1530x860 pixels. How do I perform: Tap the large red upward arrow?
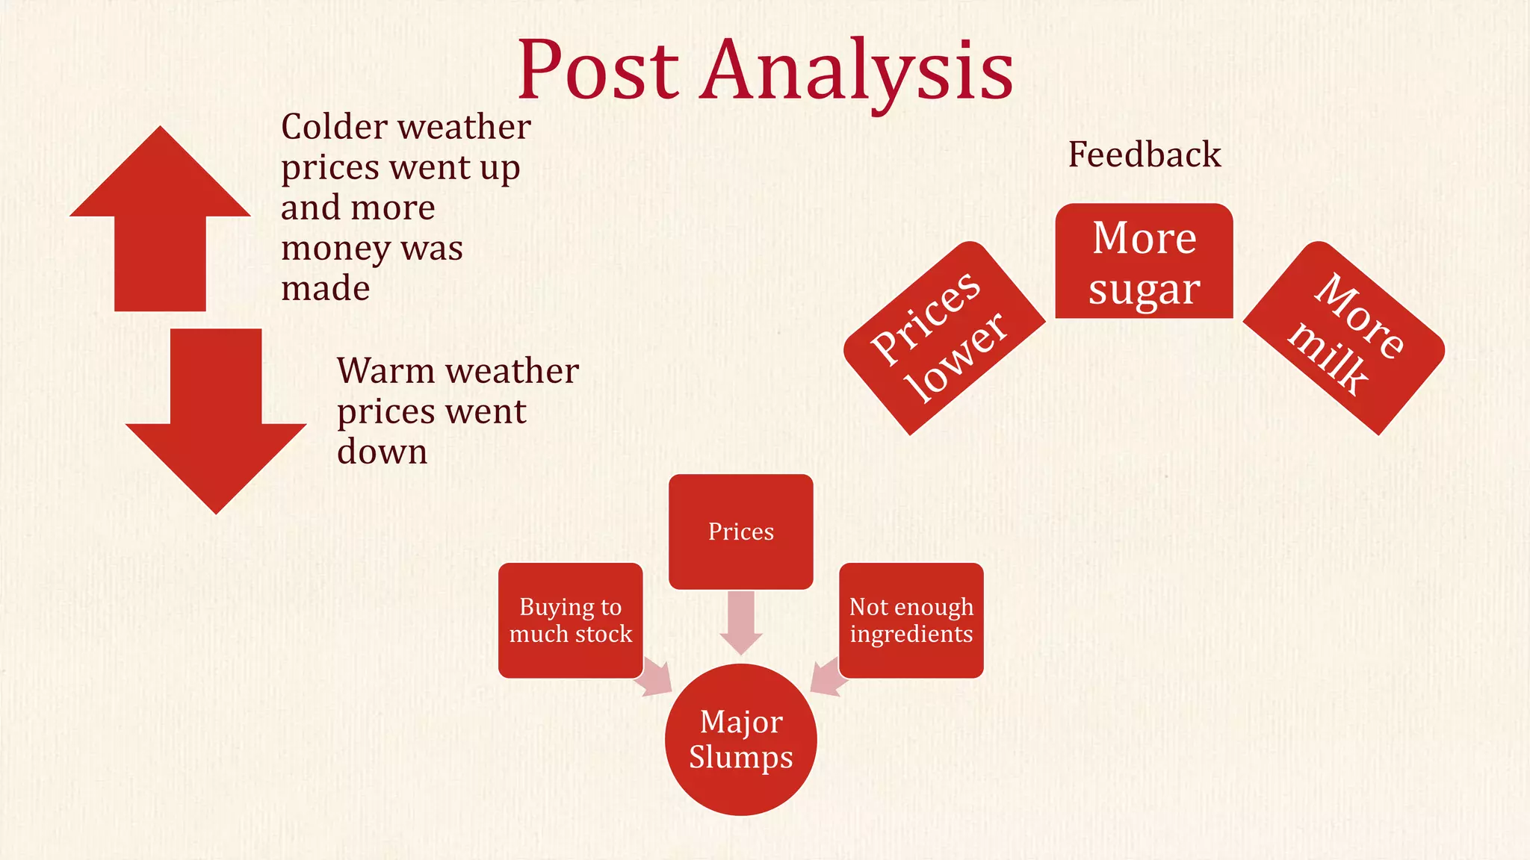(160, 224)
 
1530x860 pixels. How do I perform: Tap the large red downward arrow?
(216, 418)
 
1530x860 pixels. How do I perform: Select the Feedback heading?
(1145, 155)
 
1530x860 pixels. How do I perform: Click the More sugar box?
(1144, 261)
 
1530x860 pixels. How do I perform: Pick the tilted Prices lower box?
(944, 337)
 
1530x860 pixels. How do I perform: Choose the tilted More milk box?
(1344, 337)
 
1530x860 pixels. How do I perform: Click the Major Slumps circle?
(740, 740)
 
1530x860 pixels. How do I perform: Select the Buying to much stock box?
(570, 620)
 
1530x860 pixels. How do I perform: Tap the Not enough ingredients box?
(911, 620)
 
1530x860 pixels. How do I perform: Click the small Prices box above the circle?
(740, 532)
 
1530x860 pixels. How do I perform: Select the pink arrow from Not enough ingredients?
(828, 678)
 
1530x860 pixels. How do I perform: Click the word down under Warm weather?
(382, 452)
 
